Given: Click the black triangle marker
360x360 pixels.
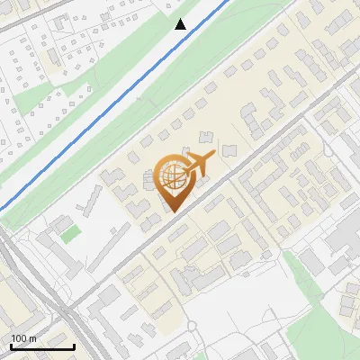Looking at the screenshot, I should (181, 24).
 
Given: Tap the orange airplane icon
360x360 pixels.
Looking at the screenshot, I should (197, 164).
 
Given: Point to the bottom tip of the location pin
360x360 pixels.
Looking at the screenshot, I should (172, 212).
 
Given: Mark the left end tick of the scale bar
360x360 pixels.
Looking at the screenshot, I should (11, 346).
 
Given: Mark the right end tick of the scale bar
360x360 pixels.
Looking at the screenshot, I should (74, 346).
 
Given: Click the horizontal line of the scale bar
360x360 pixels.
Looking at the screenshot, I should (42, 347).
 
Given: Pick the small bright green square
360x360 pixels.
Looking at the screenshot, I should (70, 234).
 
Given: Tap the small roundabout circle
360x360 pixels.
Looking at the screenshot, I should (191, 326).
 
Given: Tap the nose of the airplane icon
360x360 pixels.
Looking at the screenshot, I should (213, 156).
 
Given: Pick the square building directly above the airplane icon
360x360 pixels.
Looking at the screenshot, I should (206, 137).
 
